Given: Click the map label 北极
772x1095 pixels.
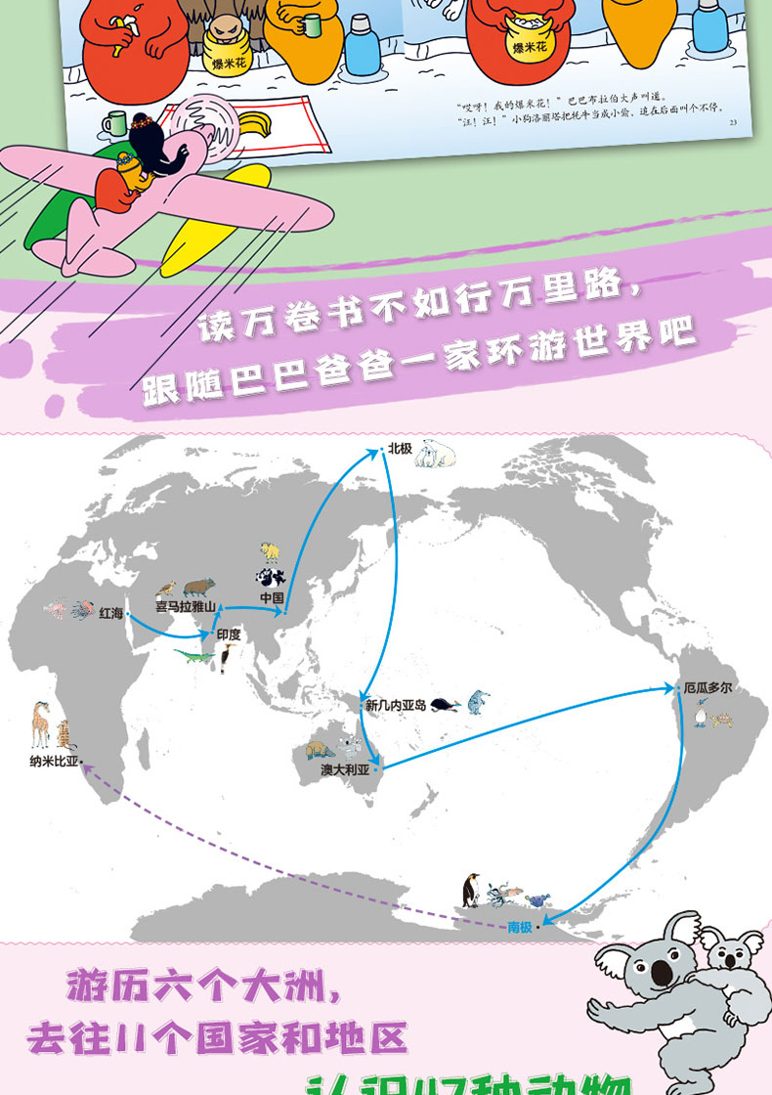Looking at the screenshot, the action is coord(400,449).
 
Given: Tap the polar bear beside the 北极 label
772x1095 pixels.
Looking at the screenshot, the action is coord(435,454).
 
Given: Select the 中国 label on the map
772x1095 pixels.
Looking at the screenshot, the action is coord(271,597).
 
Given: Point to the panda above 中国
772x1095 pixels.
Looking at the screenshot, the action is coord(269,577).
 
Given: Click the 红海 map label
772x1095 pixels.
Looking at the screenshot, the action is coord(110,613).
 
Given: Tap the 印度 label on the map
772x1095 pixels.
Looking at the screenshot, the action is coord(228,634).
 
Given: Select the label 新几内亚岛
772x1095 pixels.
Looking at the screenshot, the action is coord(395,704).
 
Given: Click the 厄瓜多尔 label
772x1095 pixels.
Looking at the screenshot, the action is coord(708,688).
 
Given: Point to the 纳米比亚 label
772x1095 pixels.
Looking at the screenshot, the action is coord(55,761).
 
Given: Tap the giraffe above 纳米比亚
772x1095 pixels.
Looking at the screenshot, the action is coord(40,724).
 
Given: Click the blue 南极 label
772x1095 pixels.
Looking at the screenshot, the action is coord(520,927).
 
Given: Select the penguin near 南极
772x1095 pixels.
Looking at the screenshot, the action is coord(471,891).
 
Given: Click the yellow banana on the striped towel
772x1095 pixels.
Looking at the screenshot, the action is coord(253,124).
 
